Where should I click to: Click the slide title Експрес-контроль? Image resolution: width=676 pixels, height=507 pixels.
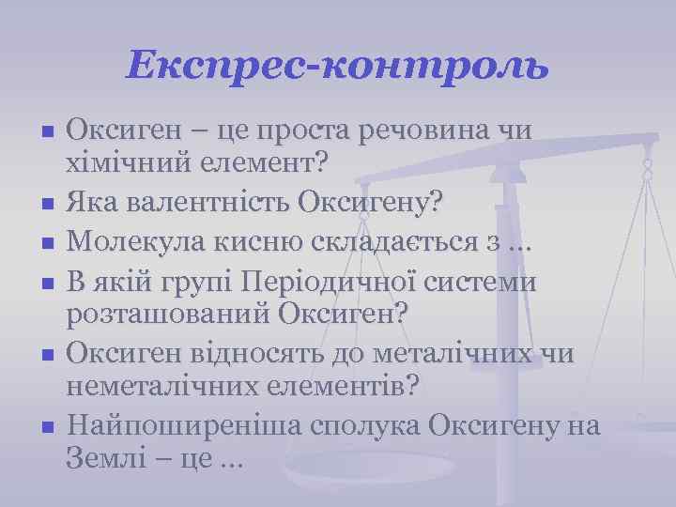337,65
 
